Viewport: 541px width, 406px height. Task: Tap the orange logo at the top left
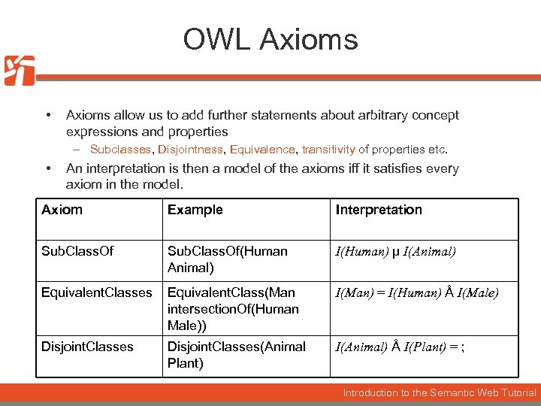click(x=20, y=71)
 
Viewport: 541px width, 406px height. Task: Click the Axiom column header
click(x=62, y=210)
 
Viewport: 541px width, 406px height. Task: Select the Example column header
click(x=195, y=210)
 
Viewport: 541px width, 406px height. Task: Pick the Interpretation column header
click(x=379, y=210)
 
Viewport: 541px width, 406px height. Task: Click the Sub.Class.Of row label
click(x=77, y=251)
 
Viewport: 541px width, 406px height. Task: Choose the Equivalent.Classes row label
click(x=96, y=292)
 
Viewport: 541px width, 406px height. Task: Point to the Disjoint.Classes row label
click(x=87, y=347)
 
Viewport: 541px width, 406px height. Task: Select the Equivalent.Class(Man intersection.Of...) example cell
click(x=233, y=309)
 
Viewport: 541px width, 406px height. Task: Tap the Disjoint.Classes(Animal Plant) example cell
click(x=236, y=355)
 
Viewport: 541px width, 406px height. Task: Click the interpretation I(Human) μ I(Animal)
click(x=395, y=252)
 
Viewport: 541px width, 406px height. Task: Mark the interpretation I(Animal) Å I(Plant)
click(x=399, y=347)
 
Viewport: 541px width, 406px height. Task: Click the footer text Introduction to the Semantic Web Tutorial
click(x=440, y=392)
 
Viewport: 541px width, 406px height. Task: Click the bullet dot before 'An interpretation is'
click(x=48, y=168)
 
